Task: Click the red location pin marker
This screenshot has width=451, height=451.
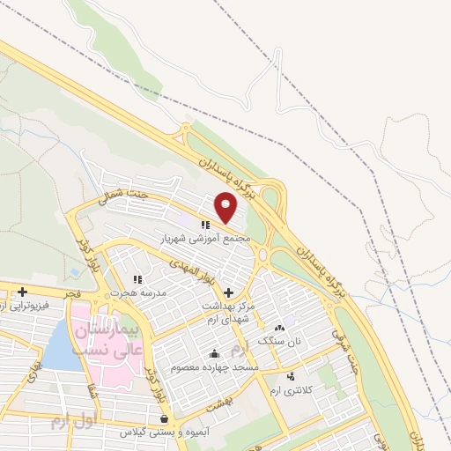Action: coord(227,208)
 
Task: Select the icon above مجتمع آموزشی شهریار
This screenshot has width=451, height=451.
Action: coord(204,225)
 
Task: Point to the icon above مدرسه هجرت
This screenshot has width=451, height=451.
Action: coord(137,279)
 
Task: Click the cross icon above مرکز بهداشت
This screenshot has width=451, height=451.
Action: coord(228,292)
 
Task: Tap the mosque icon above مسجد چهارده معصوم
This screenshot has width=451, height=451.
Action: coord(214,354)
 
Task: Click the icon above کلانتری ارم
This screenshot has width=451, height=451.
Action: coord(292,377)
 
